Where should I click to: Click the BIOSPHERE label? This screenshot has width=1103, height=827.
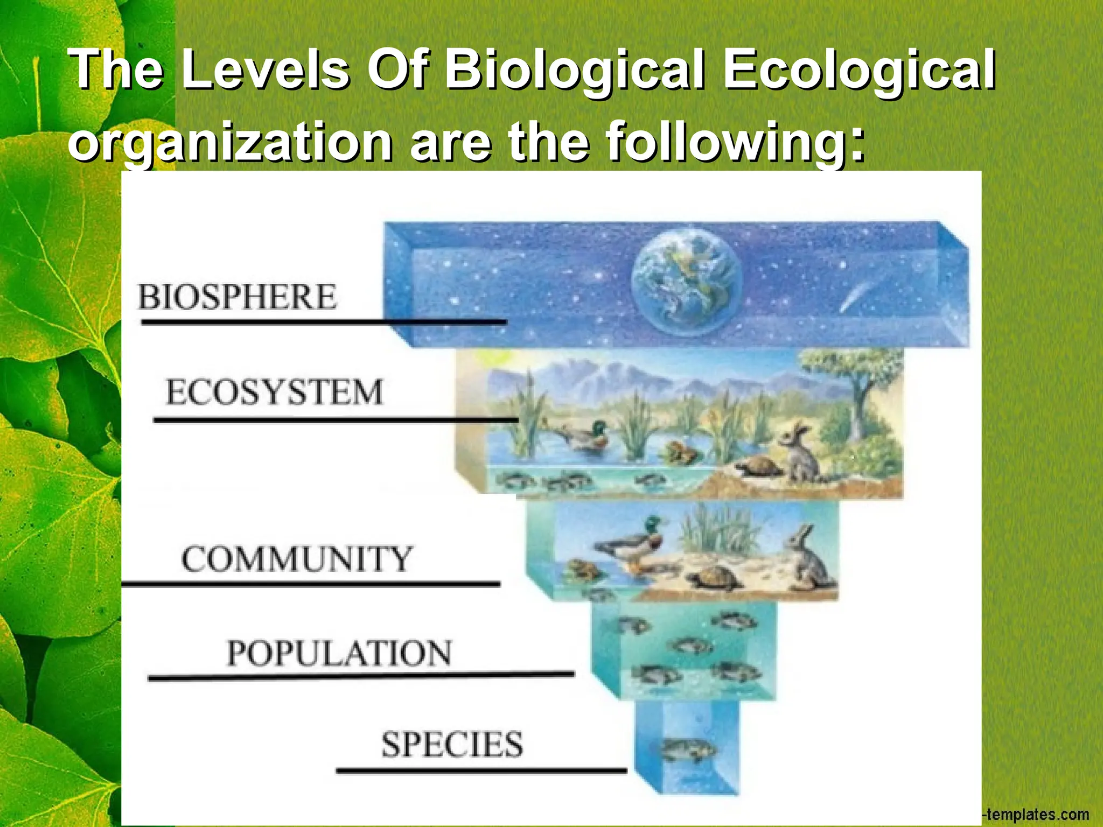click(237, 297)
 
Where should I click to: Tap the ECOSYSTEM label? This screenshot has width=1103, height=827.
click(274, 392)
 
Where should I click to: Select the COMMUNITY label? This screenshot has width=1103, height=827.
click(297, 559)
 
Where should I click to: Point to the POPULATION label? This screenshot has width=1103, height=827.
click(339, 653)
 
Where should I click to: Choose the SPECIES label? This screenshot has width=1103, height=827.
click(452, 745)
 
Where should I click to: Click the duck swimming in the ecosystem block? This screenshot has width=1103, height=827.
click(587, 435)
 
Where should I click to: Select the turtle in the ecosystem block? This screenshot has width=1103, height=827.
click(759, 466)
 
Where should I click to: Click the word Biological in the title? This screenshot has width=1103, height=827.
click(574, 70)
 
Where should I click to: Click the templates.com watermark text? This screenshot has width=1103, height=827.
click(1037, 815)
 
